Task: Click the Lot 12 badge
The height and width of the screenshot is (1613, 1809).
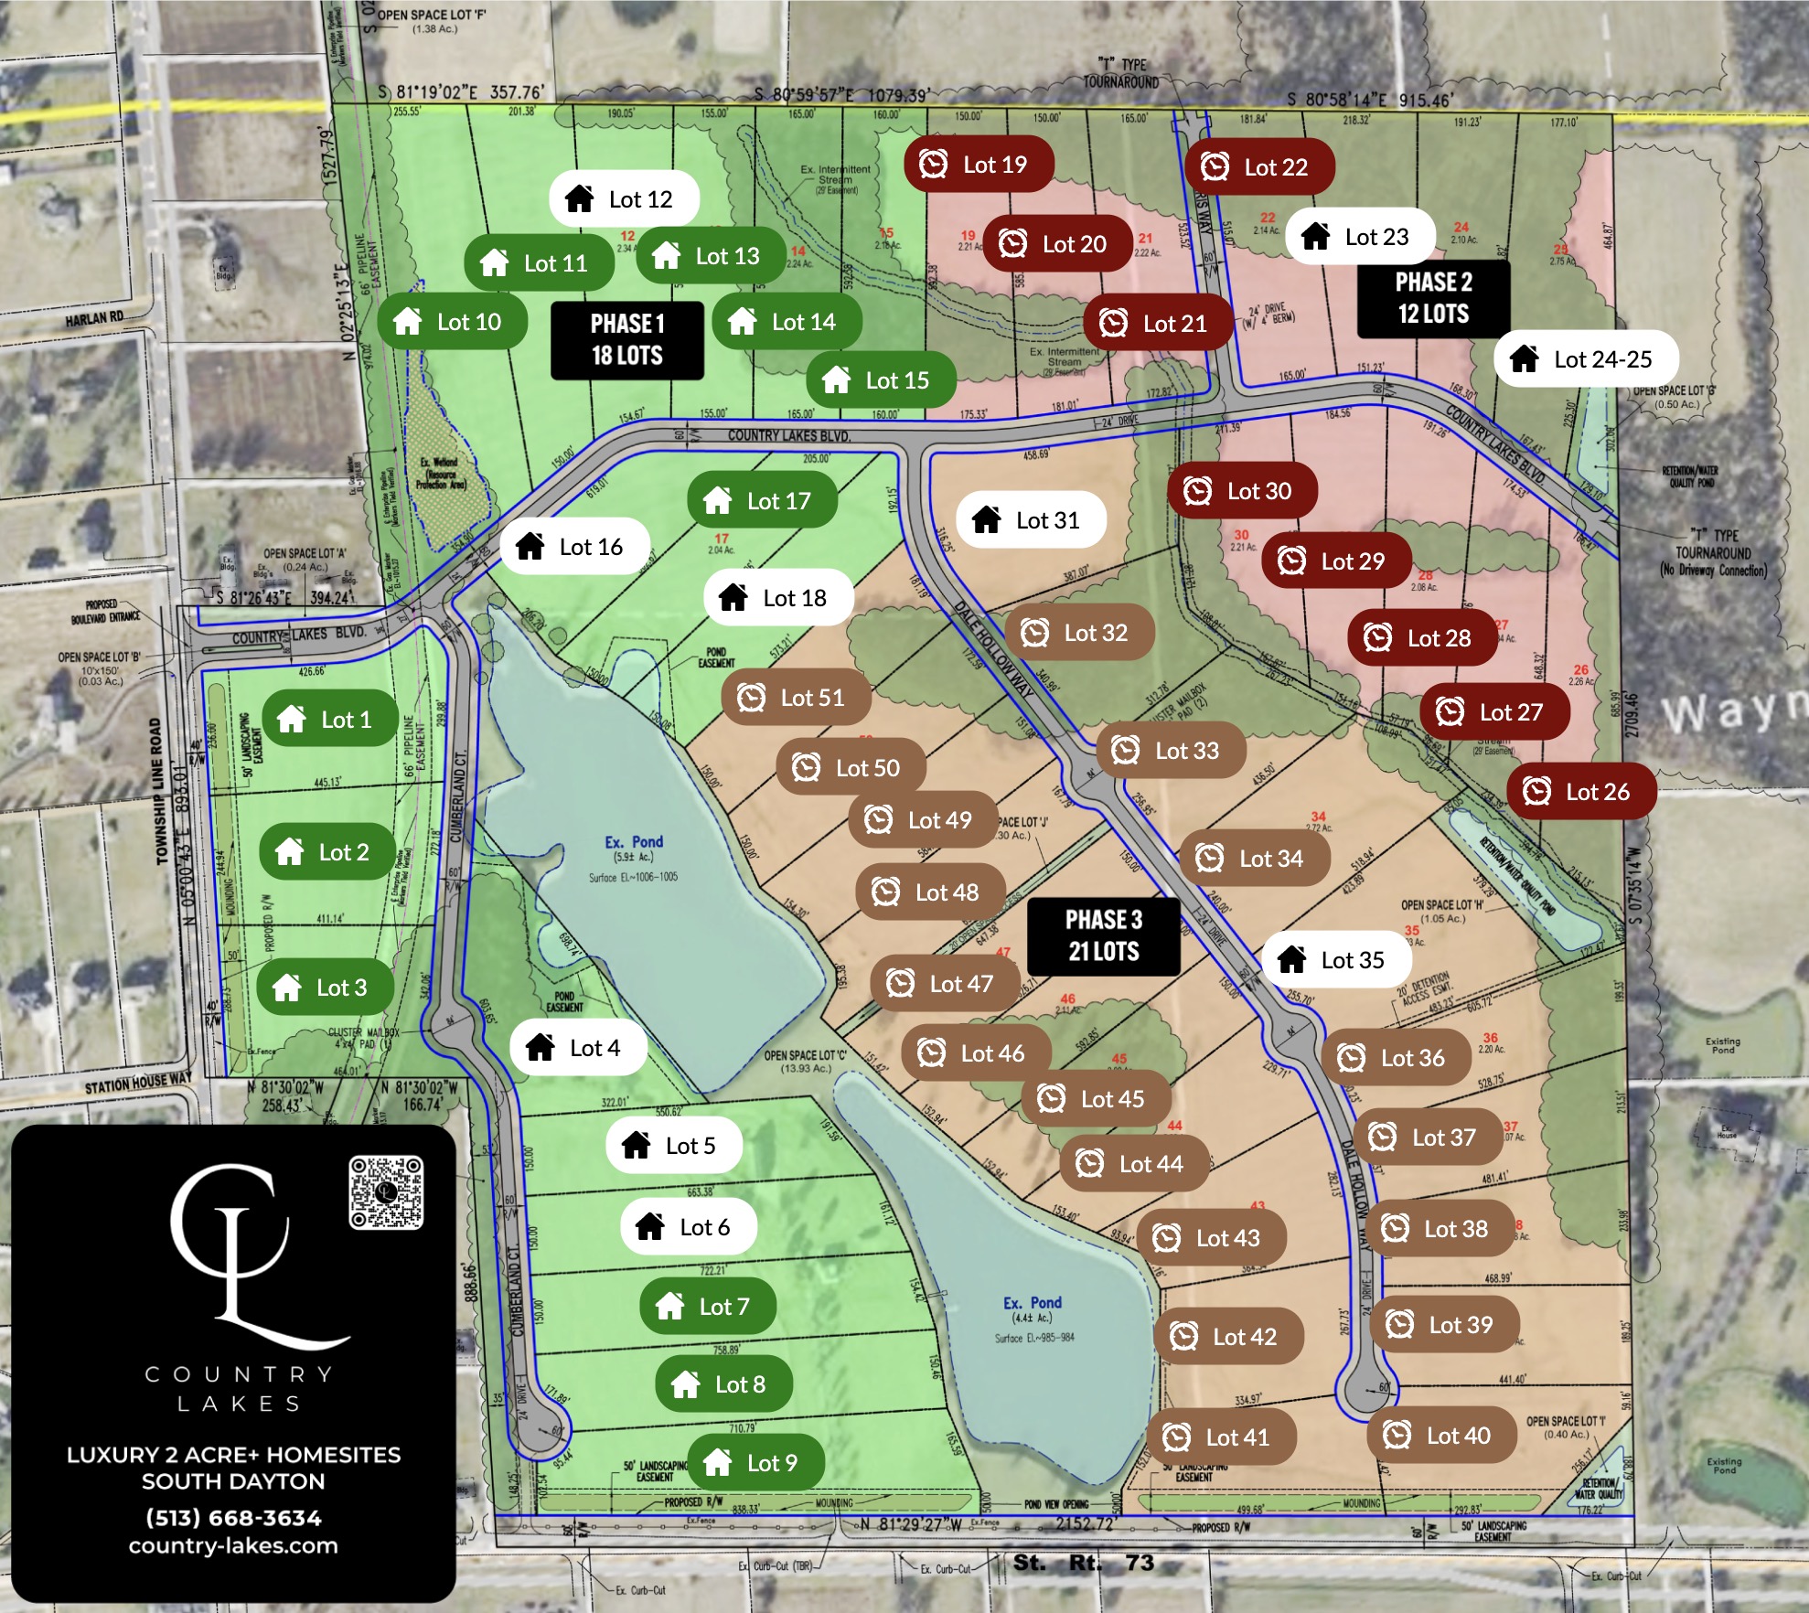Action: (x=624, y=199)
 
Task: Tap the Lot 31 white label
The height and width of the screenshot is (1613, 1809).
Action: (x=1031, y=520)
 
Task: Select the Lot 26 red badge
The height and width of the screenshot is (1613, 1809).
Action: (x=1581, y=792)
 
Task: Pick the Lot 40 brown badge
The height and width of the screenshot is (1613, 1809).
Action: (x=1441, y=1436)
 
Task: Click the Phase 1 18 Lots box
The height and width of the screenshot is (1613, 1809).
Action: (x=627, y=340)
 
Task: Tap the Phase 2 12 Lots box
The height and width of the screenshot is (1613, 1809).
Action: (x=1433, y=298)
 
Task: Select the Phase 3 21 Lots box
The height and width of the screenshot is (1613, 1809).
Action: (x=1104, y=936)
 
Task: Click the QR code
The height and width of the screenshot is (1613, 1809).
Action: (x=386, y=1192)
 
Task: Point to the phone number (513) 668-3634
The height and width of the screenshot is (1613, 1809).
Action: (x=233, y=1518)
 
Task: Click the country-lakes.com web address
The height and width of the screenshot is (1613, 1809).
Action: (x=233, y=1546)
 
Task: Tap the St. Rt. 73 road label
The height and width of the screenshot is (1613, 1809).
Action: (x=1083, y=1563)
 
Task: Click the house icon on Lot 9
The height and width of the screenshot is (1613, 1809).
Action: (x=718, y=1462)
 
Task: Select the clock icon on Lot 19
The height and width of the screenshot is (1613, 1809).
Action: (x=933, y=165)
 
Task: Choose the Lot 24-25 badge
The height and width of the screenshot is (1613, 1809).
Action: (x=1586, y=359)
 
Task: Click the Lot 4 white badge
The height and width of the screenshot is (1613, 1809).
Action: (x=578, y=1048)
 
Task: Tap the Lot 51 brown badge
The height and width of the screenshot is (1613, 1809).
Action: (x=796, y=698)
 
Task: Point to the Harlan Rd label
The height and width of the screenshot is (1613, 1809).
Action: (x=94, y=319)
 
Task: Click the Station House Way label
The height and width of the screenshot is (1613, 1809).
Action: (x=138, y=1084)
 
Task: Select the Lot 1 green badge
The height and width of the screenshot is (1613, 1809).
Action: (x=329, y=720)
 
